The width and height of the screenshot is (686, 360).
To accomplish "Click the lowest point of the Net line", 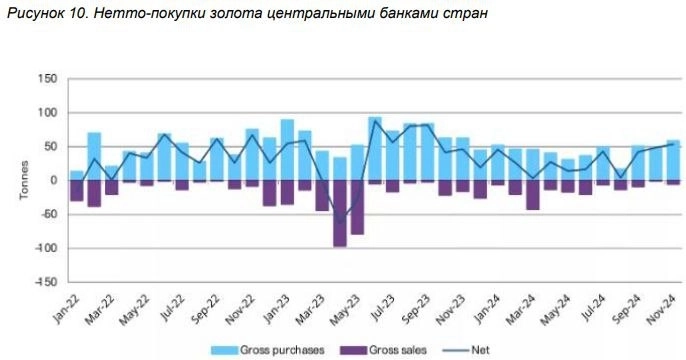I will tap(340, 222).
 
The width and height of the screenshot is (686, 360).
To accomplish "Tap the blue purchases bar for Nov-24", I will tap(673, 160).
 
